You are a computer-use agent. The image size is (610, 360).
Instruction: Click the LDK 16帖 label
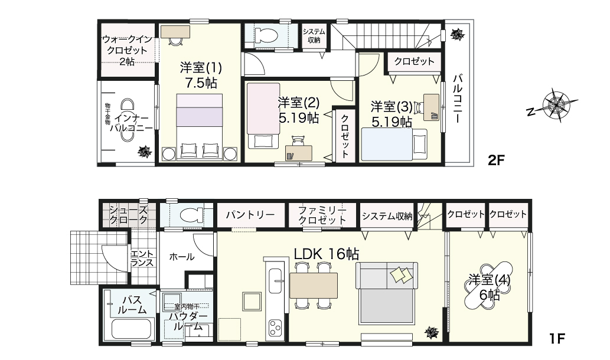[327, 253]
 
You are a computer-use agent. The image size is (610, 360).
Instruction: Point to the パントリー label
[250, 215]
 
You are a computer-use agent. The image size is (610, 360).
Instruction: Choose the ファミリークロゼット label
[322, 215]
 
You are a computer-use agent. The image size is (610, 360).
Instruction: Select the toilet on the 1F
[190, 215]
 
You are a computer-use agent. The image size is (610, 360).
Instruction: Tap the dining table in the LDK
[313, 286]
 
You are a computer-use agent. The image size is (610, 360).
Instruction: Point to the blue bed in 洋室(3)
[386, 143]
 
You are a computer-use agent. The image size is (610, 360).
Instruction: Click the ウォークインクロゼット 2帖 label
[127, 50]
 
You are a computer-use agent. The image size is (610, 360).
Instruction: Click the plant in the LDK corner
[432, 332]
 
